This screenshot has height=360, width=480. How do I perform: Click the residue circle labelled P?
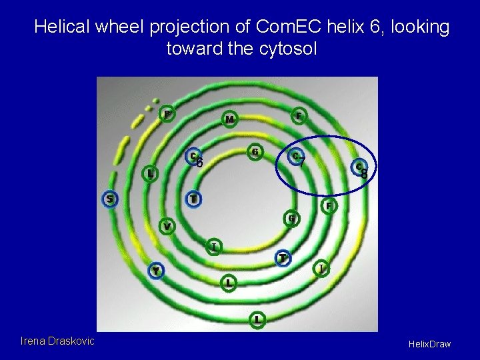[x=167, y=115]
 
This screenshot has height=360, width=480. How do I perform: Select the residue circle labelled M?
[x=229, y=119]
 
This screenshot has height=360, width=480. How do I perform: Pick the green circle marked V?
[x=167, y=227]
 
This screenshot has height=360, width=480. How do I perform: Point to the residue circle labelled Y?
[x=155, y=271]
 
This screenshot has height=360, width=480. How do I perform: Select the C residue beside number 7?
[x=294, y=156]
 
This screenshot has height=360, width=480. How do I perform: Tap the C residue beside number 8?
[x=358, y=167]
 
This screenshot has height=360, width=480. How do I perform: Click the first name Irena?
[x=34, y=341]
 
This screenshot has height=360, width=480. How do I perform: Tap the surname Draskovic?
[x=72, y=341]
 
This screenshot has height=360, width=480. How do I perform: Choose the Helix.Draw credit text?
[x=430, y=344]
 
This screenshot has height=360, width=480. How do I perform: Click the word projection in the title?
[x=198, y=27]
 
